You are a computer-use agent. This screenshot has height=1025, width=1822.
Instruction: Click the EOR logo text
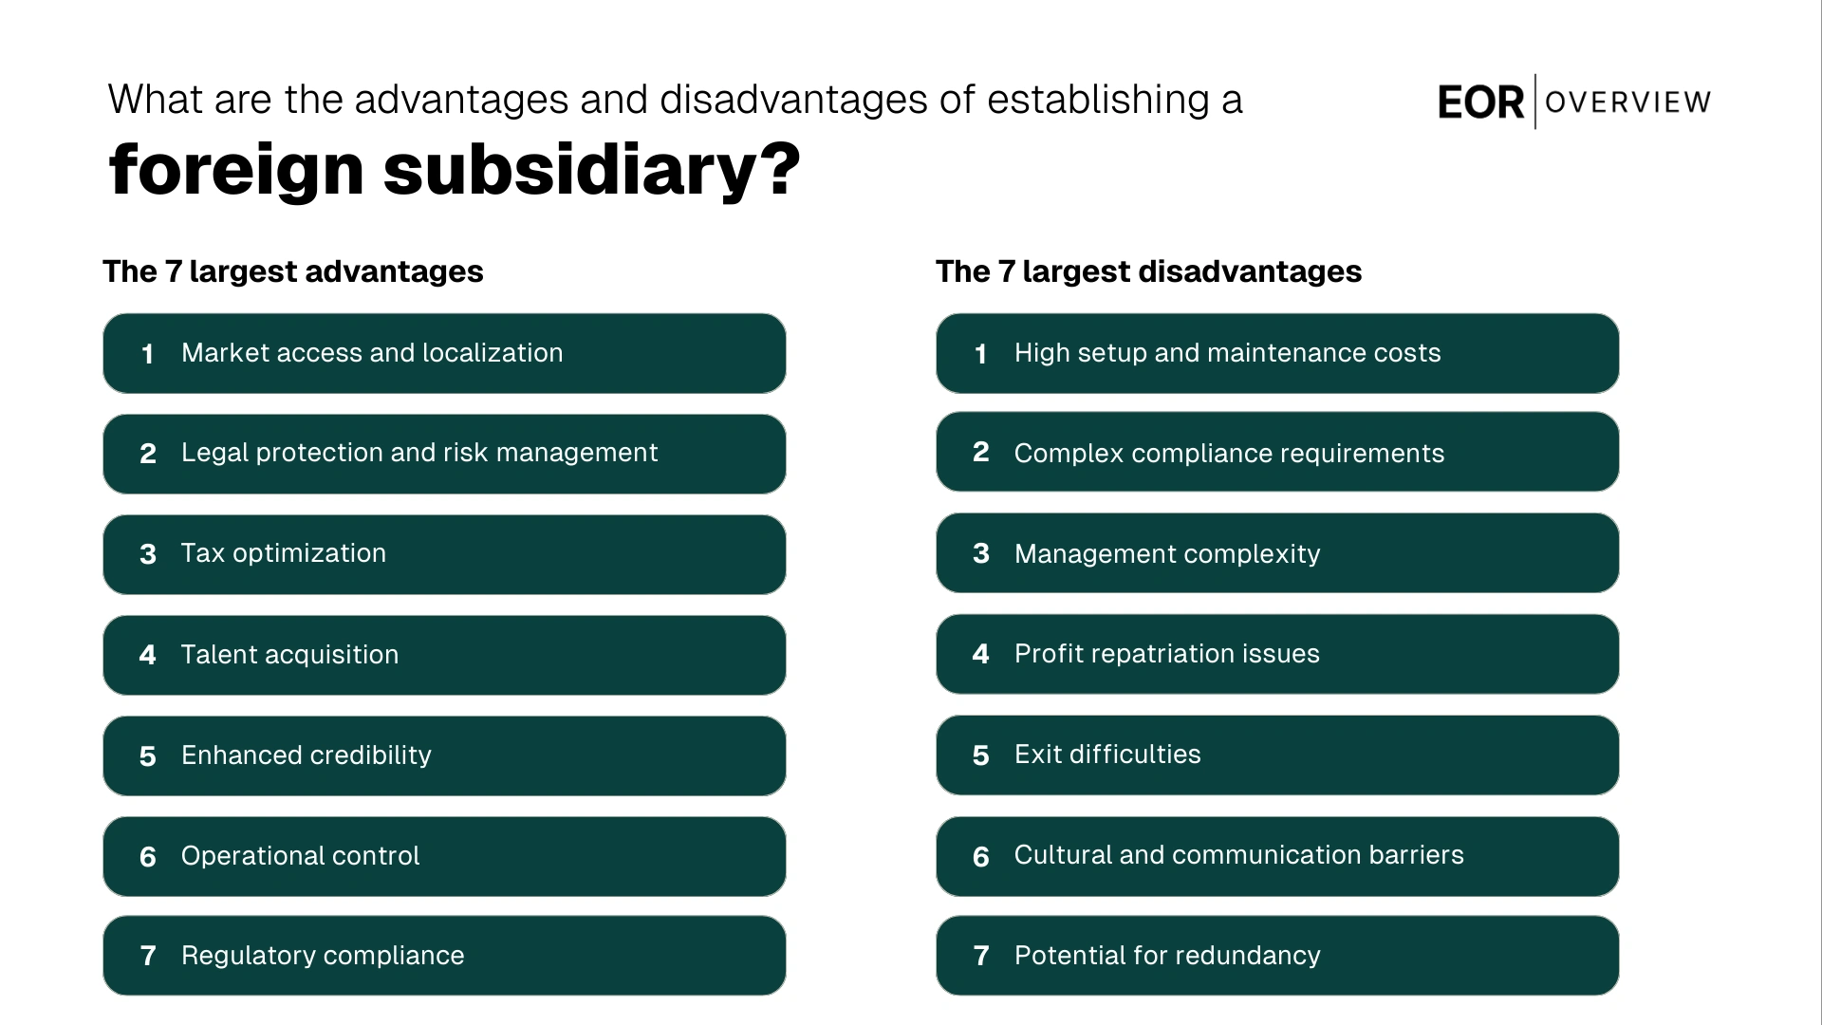(x=1479, y=102)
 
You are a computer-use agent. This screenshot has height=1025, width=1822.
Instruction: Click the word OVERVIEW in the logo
(x=1627, y=102)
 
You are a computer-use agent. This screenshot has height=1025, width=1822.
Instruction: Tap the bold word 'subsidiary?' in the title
(x=591, y=170)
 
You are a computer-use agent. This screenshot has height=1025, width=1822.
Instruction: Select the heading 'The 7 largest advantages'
(x=293, y=271)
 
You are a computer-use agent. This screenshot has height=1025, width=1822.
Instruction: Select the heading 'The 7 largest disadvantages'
(x=1148, y=271)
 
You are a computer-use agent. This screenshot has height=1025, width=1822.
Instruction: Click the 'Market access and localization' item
(x=372, y=353)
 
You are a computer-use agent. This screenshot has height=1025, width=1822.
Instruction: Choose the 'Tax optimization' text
(x=283, y=553)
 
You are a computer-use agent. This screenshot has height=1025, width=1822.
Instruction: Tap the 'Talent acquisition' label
(x=289, y=655)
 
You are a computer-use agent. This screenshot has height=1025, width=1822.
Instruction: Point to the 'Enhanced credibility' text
(x=306, y=755)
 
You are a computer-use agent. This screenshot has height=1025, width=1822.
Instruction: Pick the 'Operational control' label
(x=300, y=856)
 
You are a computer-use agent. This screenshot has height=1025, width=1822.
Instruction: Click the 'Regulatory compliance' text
(x=323, y=956)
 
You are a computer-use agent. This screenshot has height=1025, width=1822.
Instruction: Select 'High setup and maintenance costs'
(x=1227, y=353)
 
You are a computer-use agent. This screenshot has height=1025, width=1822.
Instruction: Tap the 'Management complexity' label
(x=1167, y=554)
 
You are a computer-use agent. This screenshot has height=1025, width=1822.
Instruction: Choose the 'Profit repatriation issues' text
(x=1166, y=654)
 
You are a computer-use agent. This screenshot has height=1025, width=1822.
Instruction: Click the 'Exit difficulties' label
(x=1107, y=755)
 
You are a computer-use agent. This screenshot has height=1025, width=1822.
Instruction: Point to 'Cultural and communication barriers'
(x=1238, y=855)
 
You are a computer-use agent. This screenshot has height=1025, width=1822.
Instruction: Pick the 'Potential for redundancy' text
(x=1167, y=956)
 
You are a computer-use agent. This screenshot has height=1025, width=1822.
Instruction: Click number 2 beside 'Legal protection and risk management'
(x=148, y=454)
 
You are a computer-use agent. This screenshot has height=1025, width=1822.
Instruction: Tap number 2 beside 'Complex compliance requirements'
(x=981, y=452)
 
